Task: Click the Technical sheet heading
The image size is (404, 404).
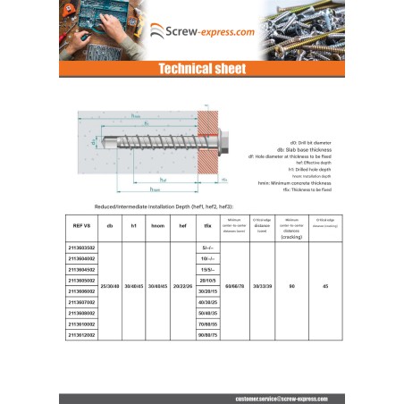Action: [x=202, y=69]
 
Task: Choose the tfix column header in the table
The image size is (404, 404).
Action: [x=208, y=227]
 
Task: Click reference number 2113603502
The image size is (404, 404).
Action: [x=81, y=247]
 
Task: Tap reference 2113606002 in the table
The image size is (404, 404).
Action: [x=81, y=291]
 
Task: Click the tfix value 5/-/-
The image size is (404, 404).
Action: [x=208, y=247]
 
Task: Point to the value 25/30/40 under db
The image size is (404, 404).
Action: [x=109, y=286]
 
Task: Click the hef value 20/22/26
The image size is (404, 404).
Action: [x=182, y=286]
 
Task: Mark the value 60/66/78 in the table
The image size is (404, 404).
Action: [x=235, y=286]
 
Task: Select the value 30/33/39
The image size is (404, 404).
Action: [x=262, y=286]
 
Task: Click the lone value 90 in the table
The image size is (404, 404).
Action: [x=291, y=286]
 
